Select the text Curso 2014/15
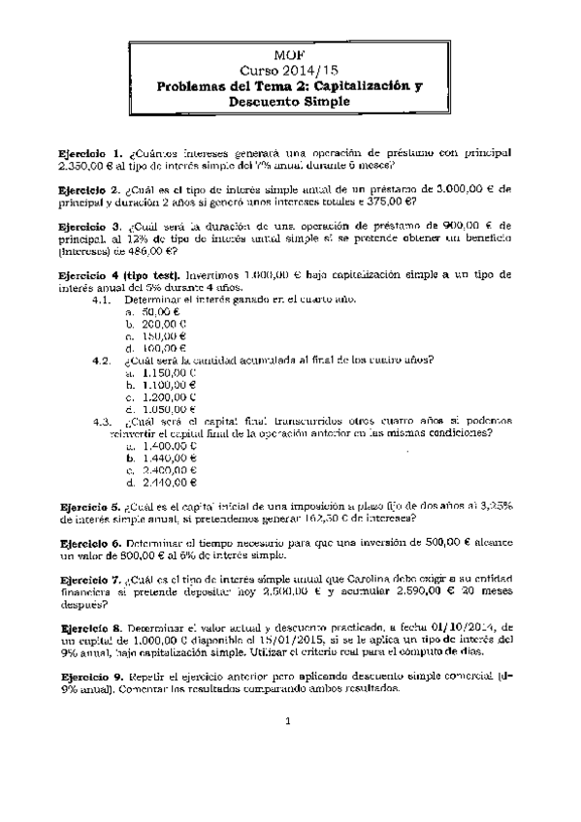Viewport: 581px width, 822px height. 291,71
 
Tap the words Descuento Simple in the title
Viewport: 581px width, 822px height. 290,101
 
